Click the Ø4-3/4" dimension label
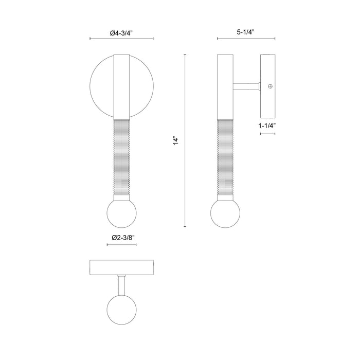[122, 33]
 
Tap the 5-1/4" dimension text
[246, 33]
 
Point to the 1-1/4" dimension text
[268, 125]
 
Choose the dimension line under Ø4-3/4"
[122, 39]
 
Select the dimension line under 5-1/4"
[246, 39]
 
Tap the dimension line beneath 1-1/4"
[268, 133]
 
